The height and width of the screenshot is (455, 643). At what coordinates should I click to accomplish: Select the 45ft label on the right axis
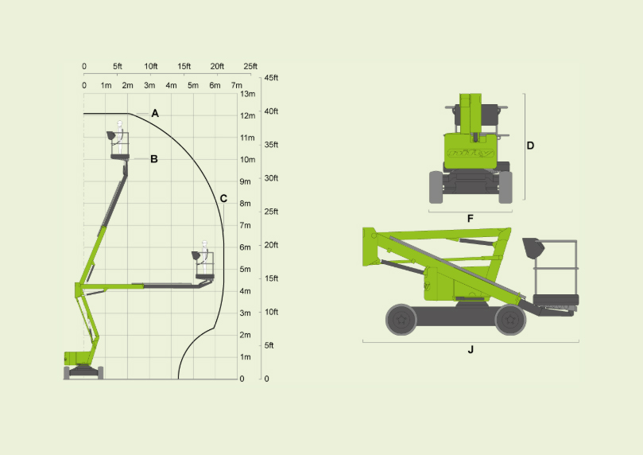click(x=271, y=78)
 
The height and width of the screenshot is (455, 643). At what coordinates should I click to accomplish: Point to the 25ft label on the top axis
click(x=250, y=66)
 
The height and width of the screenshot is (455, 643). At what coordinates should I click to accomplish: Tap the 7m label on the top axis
click(x=236, y=85)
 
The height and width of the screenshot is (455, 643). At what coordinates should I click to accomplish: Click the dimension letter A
click(x=155, y=115)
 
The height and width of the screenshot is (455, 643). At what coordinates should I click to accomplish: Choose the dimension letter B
click(x=154, y=159)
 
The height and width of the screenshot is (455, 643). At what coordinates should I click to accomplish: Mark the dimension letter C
click(x=223, y=198)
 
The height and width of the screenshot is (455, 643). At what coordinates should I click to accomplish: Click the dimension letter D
click(x=530, y=146)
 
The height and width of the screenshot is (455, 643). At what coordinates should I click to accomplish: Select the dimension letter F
click(x=471, y=218)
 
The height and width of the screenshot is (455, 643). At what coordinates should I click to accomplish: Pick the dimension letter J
click(x=471, y=349)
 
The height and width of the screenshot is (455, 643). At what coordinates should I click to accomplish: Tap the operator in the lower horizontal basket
click(x=204, y=255)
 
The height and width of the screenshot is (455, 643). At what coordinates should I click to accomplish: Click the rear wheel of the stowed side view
click(x=401, y=320)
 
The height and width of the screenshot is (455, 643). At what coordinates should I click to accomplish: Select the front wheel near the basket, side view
click(x=509, y=320)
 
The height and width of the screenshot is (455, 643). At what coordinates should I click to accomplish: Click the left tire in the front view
click(x=436, y=187)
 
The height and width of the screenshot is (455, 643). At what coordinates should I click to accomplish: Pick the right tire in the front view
click(x=505, y=187)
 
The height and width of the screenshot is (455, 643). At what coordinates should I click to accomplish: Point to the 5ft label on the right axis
click(x=269, y=345)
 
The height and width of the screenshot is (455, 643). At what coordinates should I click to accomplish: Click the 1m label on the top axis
click(x=106, y=85)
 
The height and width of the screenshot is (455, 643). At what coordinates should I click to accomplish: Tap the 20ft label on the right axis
click(x=271, y=245)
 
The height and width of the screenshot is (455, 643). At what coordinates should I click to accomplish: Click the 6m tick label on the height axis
click(x=246, y=247)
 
